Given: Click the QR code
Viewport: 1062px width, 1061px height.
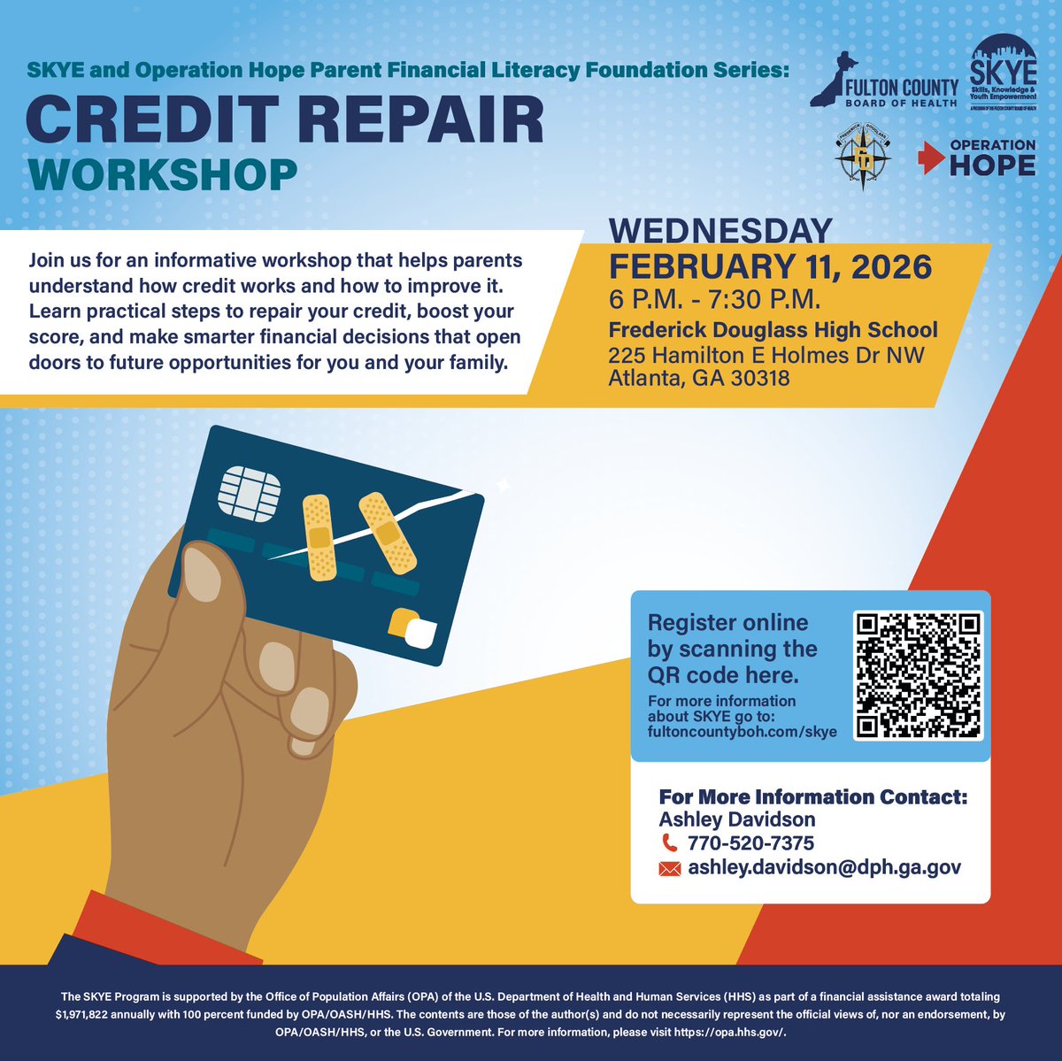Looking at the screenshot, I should [920, 676].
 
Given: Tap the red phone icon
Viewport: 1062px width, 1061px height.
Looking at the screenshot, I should [668, 843].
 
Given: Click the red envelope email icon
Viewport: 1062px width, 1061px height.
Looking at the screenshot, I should [670, 869].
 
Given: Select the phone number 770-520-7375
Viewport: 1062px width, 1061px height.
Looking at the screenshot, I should [750, 843].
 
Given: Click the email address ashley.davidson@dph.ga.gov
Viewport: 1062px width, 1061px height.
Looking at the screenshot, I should [824, 868].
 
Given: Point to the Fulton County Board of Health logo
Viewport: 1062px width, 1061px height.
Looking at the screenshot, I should [885, 81].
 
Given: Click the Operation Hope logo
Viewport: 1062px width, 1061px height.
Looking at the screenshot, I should [978, 158].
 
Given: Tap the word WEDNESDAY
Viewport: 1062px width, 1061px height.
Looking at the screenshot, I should [720, 231].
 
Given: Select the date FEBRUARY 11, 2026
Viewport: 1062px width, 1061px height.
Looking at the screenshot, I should [769, 266].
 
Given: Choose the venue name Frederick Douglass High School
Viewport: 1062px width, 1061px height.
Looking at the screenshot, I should [773, 330].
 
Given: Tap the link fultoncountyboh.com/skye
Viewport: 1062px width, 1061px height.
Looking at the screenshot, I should [743, 733].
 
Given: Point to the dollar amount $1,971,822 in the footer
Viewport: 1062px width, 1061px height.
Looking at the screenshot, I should [90, 1014].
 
